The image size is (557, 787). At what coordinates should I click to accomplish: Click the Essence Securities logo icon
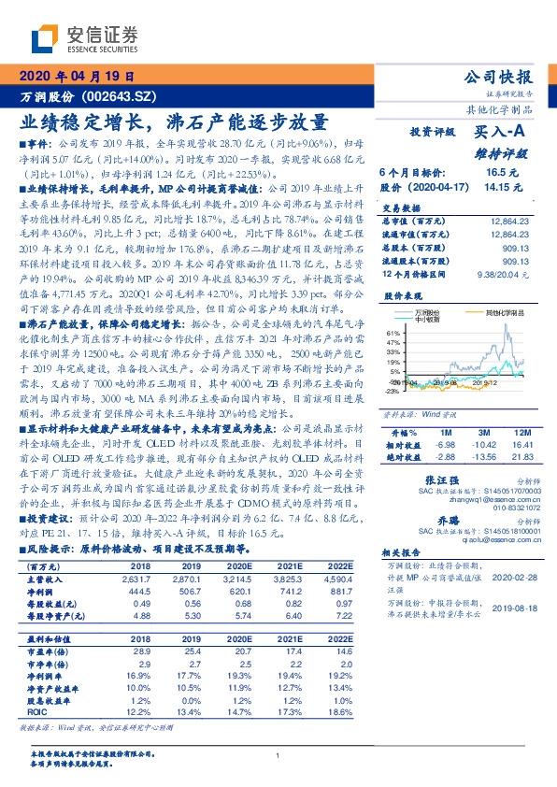point(44,37)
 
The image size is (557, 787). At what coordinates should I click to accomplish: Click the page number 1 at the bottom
point(278,755)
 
